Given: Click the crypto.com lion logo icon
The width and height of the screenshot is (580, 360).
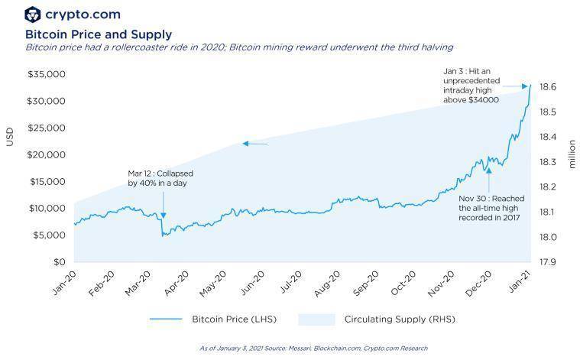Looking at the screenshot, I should tap(33, 14).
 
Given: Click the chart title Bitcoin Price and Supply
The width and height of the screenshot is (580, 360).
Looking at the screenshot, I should tap(99, 34).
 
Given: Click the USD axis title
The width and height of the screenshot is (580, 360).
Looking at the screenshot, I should tap(10, 136).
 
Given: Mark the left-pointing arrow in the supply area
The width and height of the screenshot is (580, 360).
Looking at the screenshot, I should tap(254, 144).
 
